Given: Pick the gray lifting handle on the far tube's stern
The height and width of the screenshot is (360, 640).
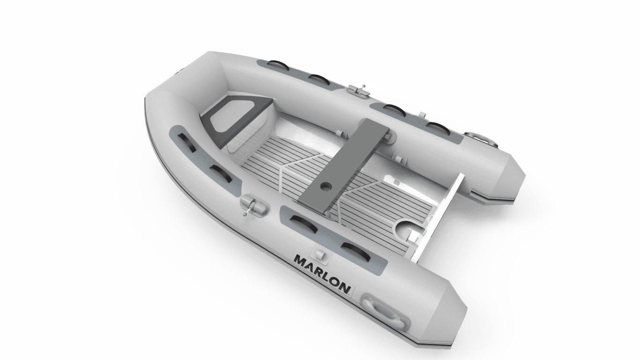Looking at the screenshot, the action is [481, 139].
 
